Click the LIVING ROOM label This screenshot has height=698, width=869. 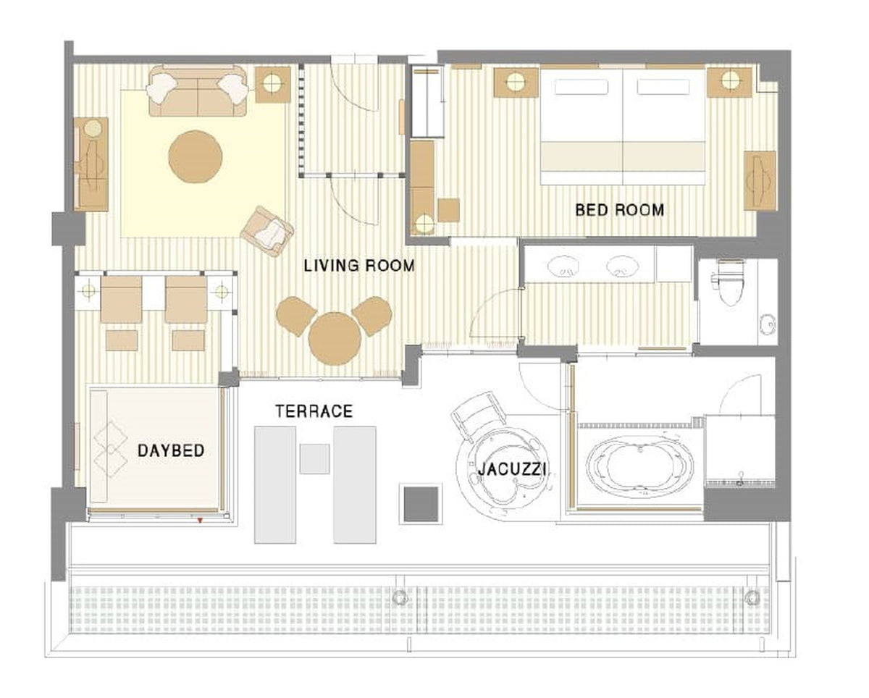(x=359, y=266)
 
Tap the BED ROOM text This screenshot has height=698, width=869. (x=619, y=210)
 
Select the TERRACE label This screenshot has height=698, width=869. (x=314, y=411)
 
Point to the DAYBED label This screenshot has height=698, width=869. (x=171, y=450)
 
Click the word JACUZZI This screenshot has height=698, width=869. (x=512, y=469)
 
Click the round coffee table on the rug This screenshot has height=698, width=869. (x=196, y=156)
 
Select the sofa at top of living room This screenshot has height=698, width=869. (x=198, y=91)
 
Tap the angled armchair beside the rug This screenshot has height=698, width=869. (x=267, y=231)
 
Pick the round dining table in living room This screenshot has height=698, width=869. (x=335, y=339)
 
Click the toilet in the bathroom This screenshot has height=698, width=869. (x=730, y=282)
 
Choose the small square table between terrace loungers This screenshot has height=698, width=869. (x=314, y=459)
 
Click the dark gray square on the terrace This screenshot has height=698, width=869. (x=421, y=504)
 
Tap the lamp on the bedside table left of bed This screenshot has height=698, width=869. (x=516, y=82)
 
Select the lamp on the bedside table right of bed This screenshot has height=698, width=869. (x=730, y=80)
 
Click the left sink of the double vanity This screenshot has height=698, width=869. (x=563, y=266)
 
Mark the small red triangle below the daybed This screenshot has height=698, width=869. (x=199, y=521)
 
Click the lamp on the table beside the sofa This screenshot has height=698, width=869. (x=272, y=83)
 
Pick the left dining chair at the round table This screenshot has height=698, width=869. (x=295, y=316)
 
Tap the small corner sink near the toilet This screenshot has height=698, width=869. (x=768, y=324)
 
